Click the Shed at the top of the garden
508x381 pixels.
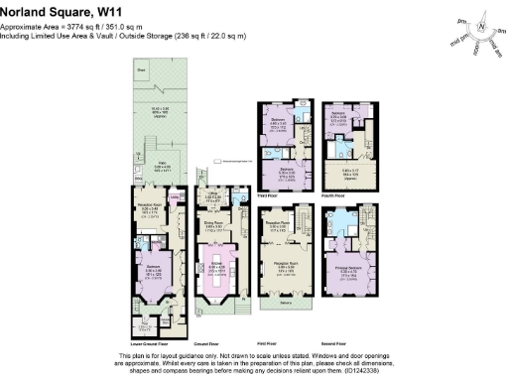[143, 69]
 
